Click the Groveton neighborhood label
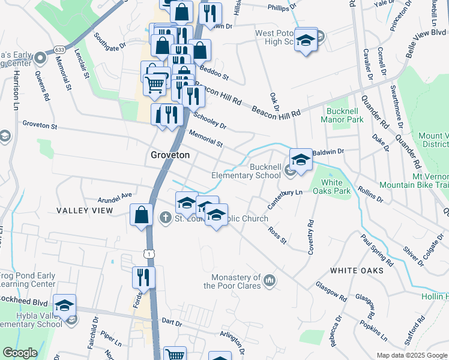click(x=169, y=155)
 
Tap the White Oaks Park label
click(x=331, y=187)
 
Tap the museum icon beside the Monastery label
click(x=270, y=280)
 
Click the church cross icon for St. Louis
click(x=166, y=218)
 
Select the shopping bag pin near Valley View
click(x=141, y=215)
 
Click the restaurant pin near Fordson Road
click(x=143, y=278)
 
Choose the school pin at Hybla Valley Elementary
click(x=65, y=305)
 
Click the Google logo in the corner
click(x=19, y=353)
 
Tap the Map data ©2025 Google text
click(x=411, y=355)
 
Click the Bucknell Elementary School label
click(x=246, y=170)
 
